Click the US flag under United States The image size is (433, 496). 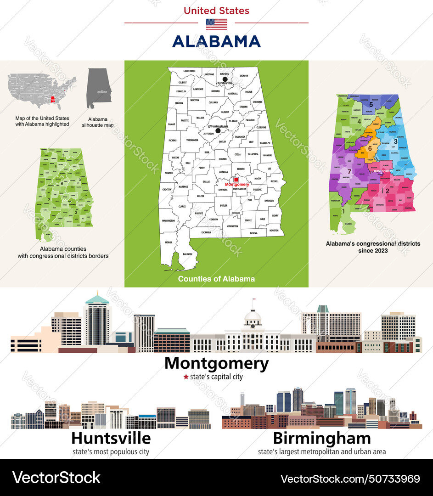[216, 24]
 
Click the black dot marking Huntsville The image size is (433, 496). [225, 79]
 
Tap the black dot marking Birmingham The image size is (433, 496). [218, 131]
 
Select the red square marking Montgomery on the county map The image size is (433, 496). [236, 180]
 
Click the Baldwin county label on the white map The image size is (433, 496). [187, 254]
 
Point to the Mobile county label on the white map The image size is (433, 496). [169, 242]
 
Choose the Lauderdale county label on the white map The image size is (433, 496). [189, 71]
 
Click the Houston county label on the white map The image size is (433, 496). [274, 230]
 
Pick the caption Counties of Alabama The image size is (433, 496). [216, 279]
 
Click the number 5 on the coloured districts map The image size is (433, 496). [371, 105]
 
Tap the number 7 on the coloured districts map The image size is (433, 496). [343, 172]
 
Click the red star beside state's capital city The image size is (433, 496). [186, 377]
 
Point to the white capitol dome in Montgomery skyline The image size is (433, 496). [253, 317]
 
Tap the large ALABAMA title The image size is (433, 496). [216, 41]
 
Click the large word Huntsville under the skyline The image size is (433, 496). [112, 438]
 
